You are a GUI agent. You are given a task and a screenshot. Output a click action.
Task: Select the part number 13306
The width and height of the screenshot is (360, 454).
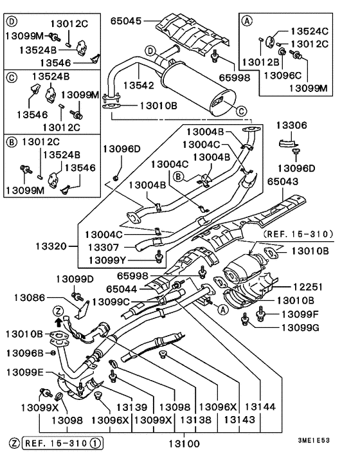(x=292, y=125)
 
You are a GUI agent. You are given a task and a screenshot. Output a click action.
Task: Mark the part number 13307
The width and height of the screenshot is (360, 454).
(x=102, y=246)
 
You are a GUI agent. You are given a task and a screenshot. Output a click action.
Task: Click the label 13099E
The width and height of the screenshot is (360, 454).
(x=26, y=372)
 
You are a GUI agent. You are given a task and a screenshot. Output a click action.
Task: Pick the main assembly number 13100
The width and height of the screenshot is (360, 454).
(x=184, y=443)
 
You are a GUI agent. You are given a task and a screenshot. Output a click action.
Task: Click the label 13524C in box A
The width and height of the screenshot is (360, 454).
(x=311, y=30)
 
